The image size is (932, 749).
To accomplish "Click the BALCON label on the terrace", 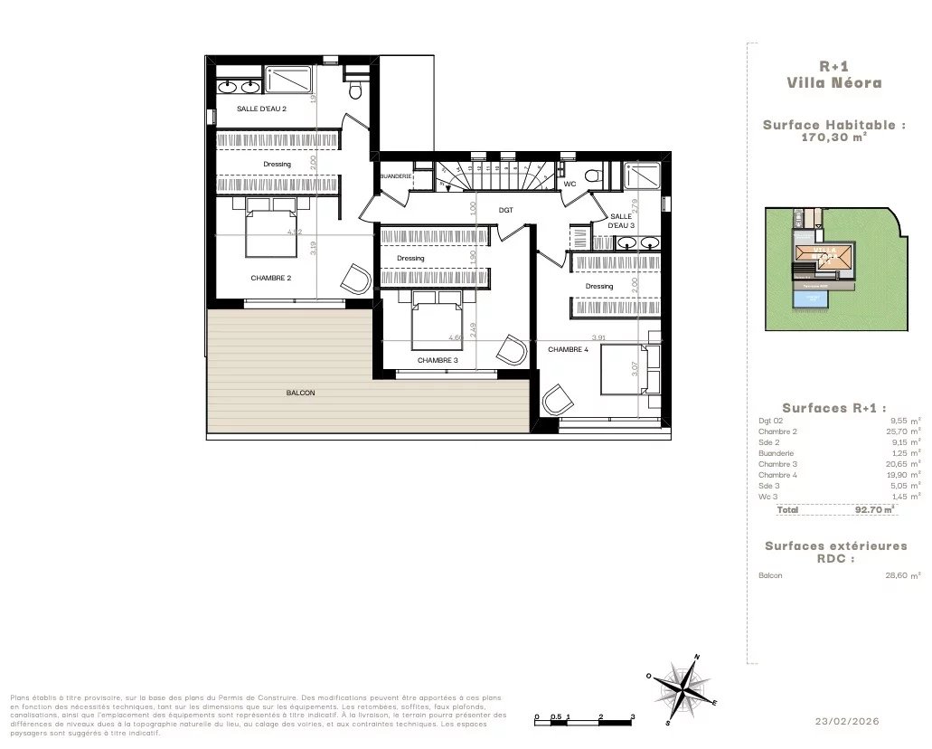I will point(300,393).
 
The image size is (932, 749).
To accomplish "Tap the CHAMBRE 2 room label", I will point(270,278).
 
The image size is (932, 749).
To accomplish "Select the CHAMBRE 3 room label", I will point(438,360).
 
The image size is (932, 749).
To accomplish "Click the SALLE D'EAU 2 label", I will point(261,109).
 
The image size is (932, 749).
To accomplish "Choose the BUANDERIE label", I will point(395,175).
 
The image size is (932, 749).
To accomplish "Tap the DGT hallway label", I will point(506,210).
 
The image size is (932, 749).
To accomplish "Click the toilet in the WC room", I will point(593,175).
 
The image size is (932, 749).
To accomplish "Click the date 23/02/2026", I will point(846,721).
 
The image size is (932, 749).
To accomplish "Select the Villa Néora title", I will point(833,82).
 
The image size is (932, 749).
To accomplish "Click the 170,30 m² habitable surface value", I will point(834,138).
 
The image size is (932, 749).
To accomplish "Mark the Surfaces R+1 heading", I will point(833,408).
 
